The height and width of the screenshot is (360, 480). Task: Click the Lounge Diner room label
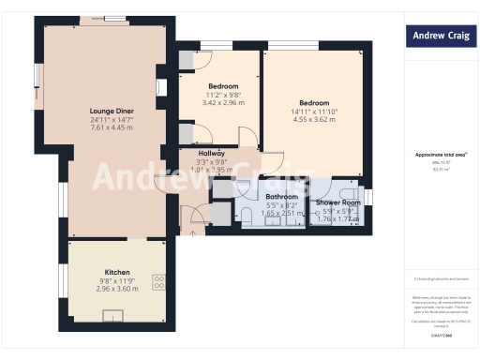click(x=105, y=111)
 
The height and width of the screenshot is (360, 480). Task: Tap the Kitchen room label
click(x=117, y=272)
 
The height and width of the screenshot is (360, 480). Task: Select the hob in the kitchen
click(x=157, y=279)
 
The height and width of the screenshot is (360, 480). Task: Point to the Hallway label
click(x=211, y=154)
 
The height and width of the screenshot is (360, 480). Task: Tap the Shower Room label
click(x=338, y=202)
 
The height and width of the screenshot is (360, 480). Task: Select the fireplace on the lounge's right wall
click(x=161, y=87)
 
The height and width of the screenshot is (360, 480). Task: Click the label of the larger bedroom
click(x=314, y=102)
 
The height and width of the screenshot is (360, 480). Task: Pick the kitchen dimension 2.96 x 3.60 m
click(x=117, y=289)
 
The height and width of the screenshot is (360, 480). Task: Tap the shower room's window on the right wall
click(x=368, y=195)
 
